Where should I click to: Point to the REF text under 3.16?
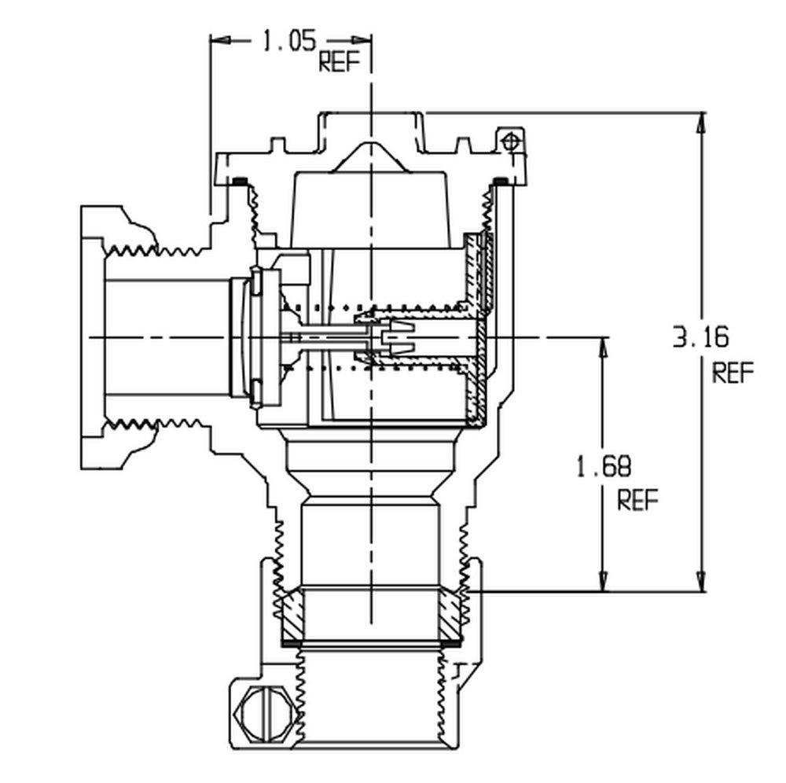click(733, 372)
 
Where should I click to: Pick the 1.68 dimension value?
click(603, 468)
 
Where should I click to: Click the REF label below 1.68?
click(637, 501)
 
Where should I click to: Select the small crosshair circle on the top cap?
click(511, 142)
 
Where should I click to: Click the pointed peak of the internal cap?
click(370, 145)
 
